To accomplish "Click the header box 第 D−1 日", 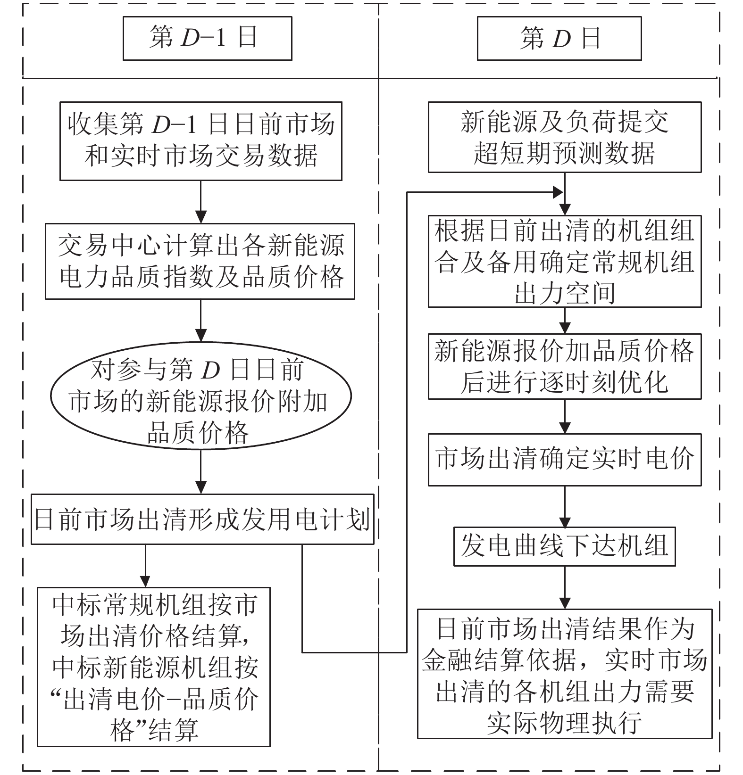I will (207, 38).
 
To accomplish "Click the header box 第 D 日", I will (559, 38).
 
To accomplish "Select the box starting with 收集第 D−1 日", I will (200, 141).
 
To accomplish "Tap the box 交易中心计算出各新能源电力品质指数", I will (200, 261).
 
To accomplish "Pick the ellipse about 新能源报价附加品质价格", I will (200, 395).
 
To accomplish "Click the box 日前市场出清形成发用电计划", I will (202, 519).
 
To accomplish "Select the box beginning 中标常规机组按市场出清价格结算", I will (154, 667).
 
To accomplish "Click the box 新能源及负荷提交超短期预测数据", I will (564, 137).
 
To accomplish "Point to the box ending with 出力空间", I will (564, 261).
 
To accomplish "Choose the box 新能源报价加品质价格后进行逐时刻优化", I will (564, 366).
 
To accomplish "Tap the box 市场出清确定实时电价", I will (564, 460).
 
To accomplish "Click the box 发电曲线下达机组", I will (564, 546).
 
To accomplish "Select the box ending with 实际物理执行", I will (564, 674).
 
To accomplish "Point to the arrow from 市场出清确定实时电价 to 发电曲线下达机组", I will (565, 507).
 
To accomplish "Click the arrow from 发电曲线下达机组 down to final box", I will (565, 587).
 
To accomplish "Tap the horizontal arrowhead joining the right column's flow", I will (558, 192).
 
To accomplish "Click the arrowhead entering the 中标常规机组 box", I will (145, 581).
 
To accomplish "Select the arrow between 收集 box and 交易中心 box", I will (201, 202).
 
